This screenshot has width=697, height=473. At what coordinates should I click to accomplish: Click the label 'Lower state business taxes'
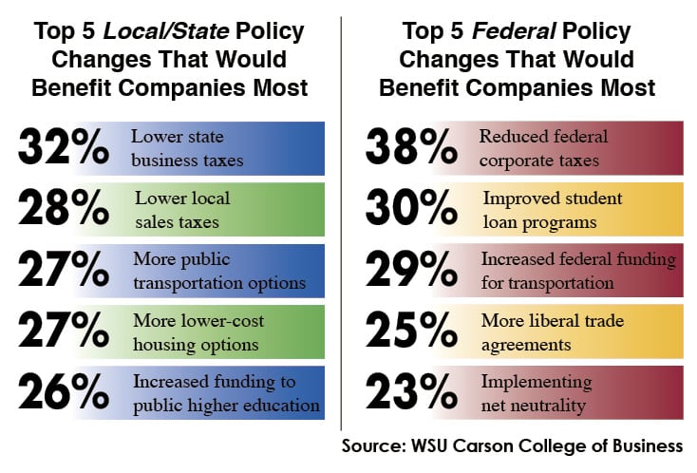coord(187,148)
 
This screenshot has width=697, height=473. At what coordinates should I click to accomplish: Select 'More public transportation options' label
coord(218,271)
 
